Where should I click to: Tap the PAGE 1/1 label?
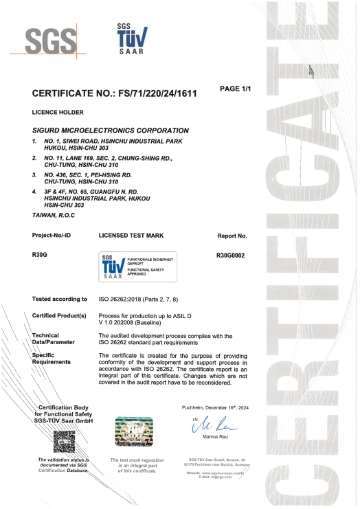pos(235,89)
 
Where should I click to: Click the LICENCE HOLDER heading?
pos(58,111)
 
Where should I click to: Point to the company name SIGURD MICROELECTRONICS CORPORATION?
pos(111,130)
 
